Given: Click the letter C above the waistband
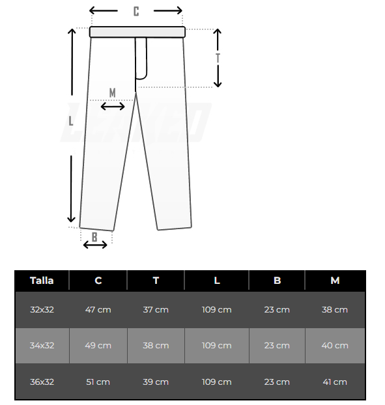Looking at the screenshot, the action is [136, 11].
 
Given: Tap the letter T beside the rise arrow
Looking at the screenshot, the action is [218, 58].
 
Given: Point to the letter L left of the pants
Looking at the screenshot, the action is [71, 121].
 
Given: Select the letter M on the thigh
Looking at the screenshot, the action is [113, 92].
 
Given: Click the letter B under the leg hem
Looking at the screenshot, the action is [94, 237].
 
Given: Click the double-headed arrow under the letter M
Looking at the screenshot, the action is [113, 106].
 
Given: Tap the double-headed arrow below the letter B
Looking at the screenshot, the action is [95, 245].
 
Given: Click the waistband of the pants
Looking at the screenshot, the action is [137, 32].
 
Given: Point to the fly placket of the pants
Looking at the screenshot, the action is [141, 59].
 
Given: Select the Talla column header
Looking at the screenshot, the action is [42, 281].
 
